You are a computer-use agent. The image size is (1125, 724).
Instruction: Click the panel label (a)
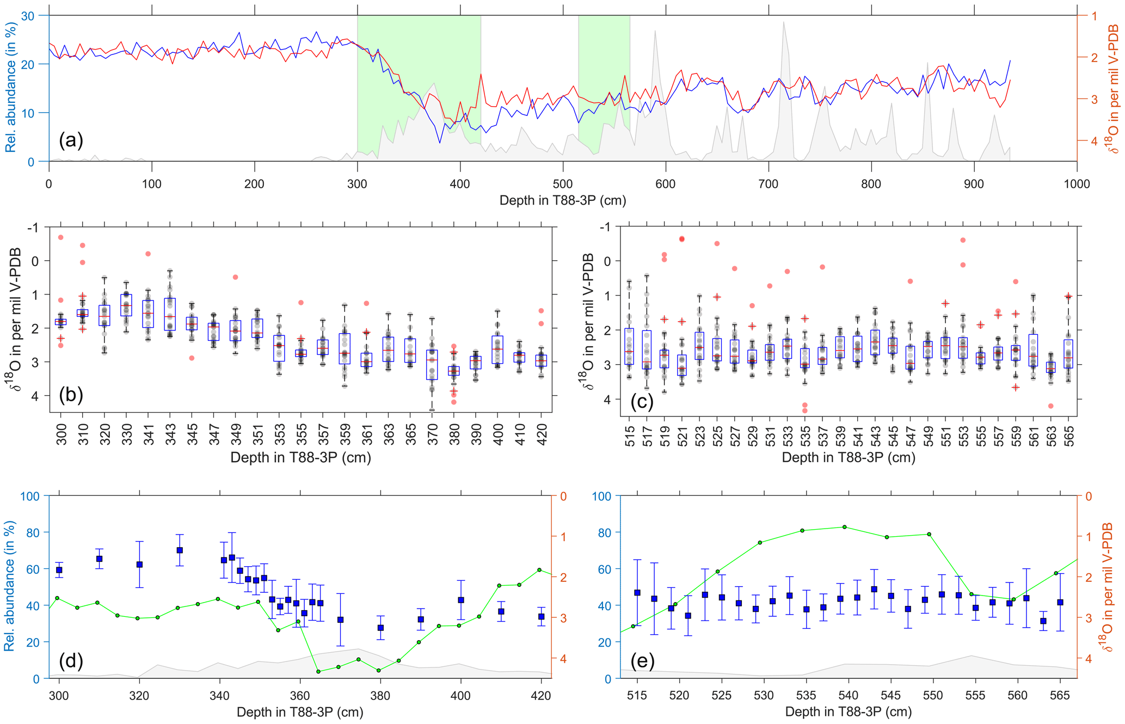(x=71, y=140)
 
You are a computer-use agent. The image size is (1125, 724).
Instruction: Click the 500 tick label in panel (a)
(x=562, y=184)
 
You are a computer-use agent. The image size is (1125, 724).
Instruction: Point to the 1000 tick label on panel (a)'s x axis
(x=1076, y=184)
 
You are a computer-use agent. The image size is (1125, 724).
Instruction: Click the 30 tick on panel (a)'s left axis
(x=28, y=16)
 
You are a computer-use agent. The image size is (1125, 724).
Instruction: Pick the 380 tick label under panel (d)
(x=380, y=695)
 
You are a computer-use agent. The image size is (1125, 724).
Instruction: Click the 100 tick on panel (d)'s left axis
(x=30, y=496)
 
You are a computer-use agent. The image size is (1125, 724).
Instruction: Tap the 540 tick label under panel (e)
(x=848, y=695)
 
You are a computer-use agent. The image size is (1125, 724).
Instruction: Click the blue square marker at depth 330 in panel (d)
(x=180, y=550)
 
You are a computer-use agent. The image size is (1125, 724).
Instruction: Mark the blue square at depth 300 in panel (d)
(x=59, y=570)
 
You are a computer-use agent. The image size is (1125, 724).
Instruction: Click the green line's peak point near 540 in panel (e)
(x=844, y=527)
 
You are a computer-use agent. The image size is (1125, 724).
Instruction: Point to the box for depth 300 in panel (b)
(x=61, y=322)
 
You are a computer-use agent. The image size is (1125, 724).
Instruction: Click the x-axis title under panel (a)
(x=562, y=200)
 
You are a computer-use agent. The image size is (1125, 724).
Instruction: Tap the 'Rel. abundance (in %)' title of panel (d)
(x=9, y=586)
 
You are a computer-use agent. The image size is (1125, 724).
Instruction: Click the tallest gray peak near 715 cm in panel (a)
(x=784, y=23)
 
